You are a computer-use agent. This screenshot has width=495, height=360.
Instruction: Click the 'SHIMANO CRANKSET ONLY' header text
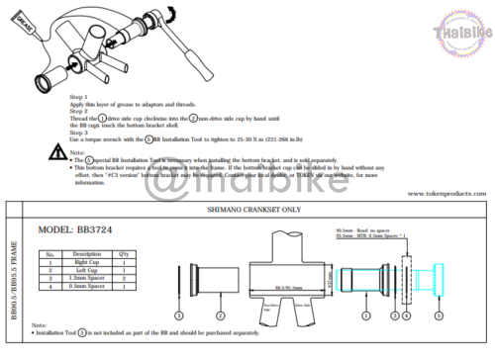(250, 212)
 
